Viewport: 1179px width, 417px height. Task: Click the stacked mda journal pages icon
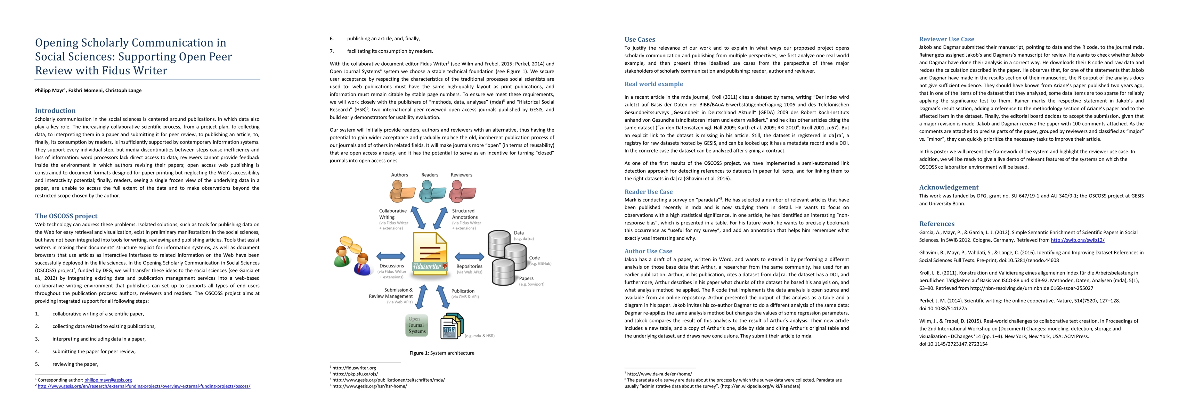pos(452,326)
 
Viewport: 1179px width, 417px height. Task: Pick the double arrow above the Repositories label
pos(470,256)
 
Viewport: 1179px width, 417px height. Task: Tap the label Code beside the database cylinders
pos(534,258)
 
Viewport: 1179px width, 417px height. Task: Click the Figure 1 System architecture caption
pos(442,353)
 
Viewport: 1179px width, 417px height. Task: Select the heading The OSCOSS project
pos(66,216)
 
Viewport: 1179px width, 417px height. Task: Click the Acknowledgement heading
pos(949,187)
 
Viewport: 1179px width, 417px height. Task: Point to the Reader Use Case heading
pos(648,192)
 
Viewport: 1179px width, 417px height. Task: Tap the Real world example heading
pos(653,84)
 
